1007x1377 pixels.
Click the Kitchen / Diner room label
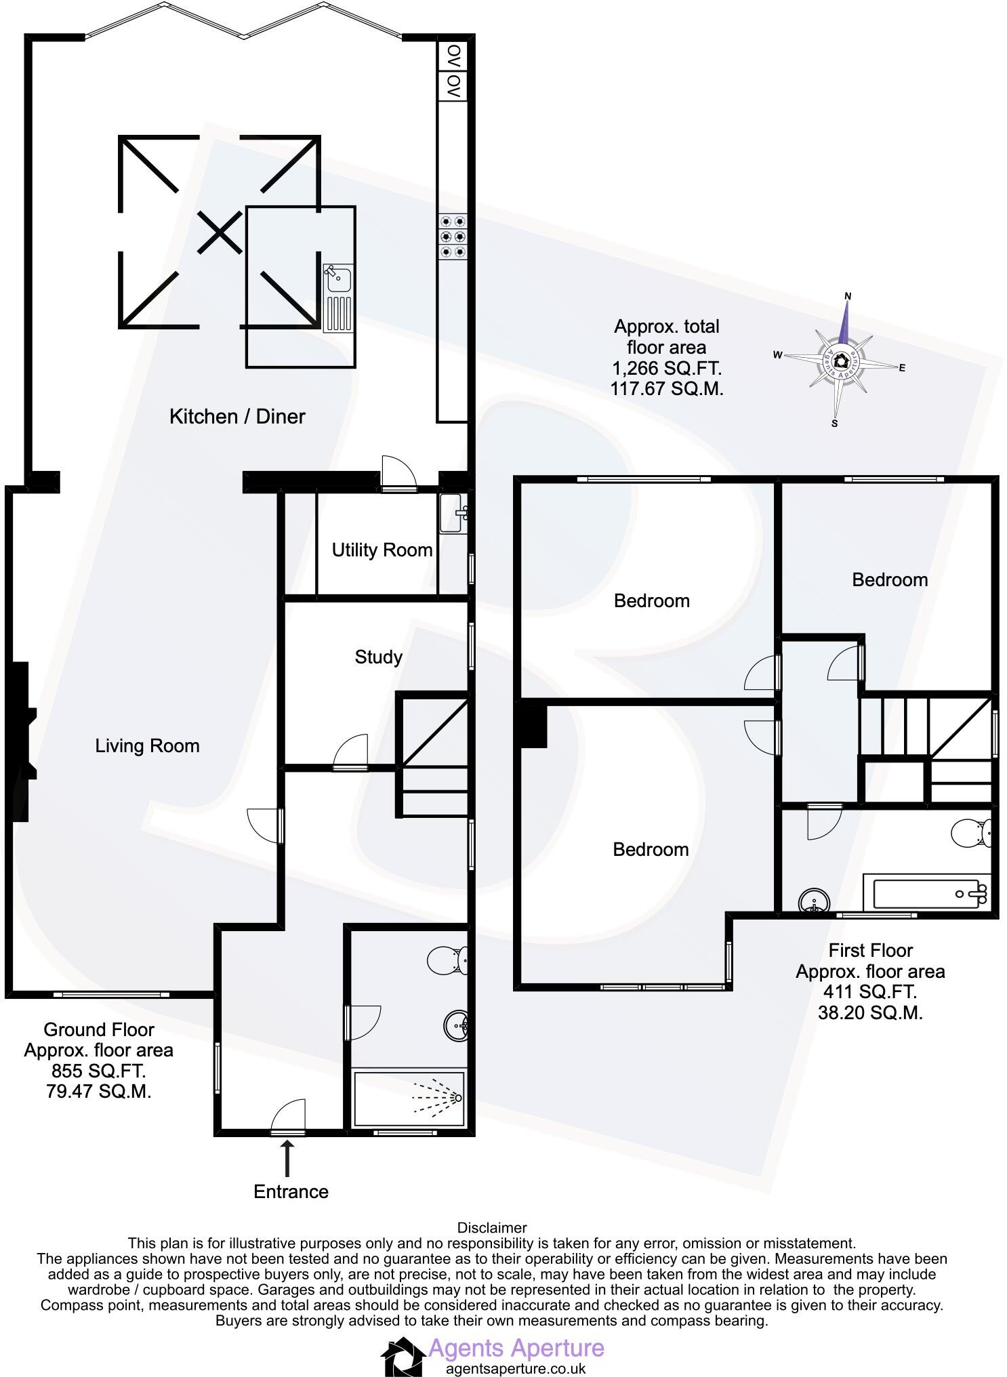coord(237,416)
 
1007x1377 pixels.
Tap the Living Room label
coord(147,746)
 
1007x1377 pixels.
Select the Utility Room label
coord(382,550)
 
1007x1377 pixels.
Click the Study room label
coord(378,657)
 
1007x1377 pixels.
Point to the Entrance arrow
coord(288,1158)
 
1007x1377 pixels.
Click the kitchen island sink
coord(338,279)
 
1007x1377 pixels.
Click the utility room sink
coord(452,514)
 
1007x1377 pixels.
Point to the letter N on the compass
coord(848,296)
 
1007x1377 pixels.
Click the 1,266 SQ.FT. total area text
coord(667,369)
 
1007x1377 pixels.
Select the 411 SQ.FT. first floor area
coord(870,992)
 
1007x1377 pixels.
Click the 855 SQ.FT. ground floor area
coord(98,1071)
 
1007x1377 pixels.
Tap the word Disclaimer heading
coord(492,1227)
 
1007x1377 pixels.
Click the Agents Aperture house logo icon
coord(404,1355)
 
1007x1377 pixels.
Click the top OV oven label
coord(453,55)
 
